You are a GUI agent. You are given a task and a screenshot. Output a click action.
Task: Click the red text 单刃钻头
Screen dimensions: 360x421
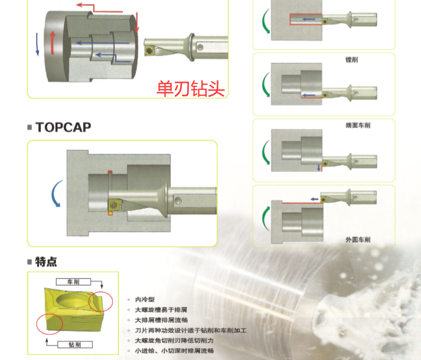(191, 89)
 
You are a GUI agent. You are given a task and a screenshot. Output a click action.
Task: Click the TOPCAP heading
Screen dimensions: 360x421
(63, 127)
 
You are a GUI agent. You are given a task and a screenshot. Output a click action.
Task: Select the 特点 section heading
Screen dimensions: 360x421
(46, 261)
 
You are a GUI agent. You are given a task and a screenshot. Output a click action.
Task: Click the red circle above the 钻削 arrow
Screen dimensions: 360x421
(48, 323)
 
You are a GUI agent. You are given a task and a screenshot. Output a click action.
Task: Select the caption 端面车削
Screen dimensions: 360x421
(358, 125)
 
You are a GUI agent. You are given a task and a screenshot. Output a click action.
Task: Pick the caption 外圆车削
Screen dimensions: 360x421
(358, 239)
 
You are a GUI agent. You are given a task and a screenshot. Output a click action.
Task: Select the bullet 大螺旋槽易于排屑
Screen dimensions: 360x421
(162, 310)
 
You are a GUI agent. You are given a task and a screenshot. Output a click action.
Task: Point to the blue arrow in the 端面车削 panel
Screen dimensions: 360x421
(319, 168)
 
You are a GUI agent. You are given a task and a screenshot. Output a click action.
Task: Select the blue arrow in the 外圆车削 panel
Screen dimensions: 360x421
(315, 199)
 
